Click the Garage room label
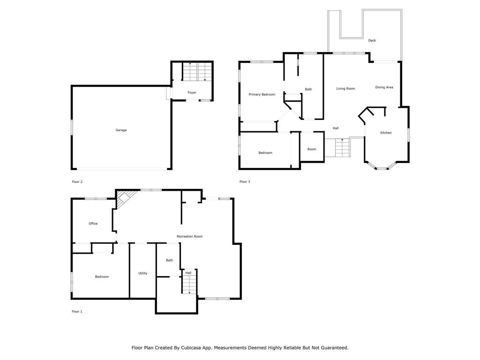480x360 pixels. pos(121,130)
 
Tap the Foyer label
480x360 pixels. pos(192,92)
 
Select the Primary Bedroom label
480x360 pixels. pos(262,95)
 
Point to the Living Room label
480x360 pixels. pos(345,89)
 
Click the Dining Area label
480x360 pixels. pos(384,87)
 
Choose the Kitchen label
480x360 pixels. pos(386,133)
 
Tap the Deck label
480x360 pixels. pos(372,40)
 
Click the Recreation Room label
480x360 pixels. pos(189,236)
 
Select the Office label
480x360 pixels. pos(93,224)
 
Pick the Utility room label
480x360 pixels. pos(142,273)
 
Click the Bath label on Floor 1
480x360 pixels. pos(169,260)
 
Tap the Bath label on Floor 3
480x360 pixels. pos(308,90)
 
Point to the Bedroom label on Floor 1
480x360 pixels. pos(102,277)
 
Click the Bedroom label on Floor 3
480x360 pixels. pos(265,153)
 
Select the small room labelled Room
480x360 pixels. pos(312,150)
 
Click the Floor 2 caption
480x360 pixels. pos(77,182)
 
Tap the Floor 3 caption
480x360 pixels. pos(245,182)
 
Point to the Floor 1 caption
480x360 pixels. pos(77,312)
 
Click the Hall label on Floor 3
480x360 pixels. pos(336,128)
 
